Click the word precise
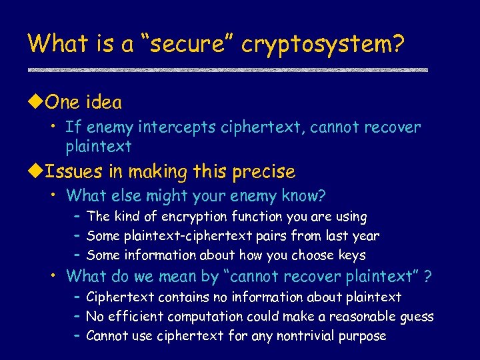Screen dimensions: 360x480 (x=264, y=172)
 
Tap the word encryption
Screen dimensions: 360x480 (x=197, y=217)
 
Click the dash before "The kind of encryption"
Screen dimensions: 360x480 (x=77, y=217)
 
